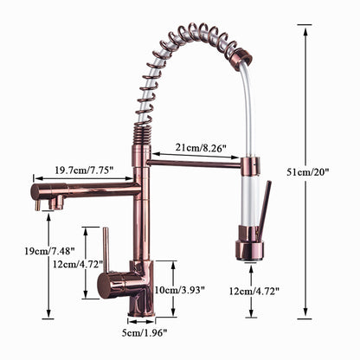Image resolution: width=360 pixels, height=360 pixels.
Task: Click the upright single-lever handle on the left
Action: [x=105, y=251]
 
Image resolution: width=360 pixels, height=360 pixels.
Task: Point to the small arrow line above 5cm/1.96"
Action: [x=141, y=320]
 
